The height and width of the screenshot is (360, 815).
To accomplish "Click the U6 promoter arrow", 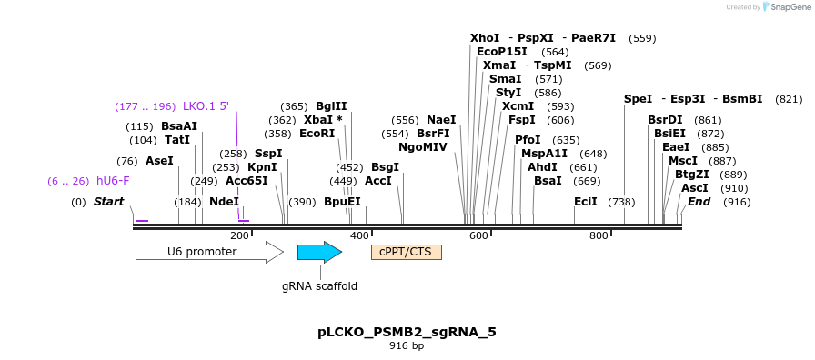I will coord(208,252).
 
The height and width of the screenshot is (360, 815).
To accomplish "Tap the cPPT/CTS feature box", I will coord(406,252).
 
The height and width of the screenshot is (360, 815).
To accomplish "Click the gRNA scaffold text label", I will coord(319,285).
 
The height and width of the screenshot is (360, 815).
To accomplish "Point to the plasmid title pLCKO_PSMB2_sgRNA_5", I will coord(407,332).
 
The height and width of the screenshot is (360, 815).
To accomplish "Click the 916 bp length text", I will coord(407,346).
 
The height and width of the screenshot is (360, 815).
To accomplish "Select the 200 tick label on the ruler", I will coord(239,236).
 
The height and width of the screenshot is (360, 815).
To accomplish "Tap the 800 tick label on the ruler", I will coord(599,236).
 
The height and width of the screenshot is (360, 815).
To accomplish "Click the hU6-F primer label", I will coord(113,181).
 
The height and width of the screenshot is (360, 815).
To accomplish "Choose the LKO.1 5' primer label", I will coord(206,106).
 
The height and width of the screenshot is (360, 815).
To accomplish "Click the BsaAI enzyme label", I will coord(179,126).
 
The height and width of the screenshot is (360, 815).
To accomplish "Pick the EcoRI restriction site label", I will coord(317,134).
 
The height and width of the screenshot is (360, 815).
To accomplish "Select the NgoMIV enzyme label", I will coord(423,147).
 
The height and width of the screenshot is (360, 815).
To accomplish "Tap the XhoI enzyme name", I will coord(485,38).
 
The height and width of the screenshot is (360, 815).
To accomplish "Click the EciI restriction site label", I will coord(586,202).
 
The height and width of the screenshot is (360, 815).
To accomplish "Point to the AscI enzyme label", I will coord(695,188).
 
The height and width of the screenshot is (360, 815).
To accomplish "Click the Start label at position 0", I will coord(108,202).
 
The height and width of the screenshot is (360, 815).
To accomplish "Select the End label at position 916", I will coord(699,202).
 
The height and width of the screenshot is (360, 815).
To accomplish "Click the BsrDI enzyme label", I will coord(665,120).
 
